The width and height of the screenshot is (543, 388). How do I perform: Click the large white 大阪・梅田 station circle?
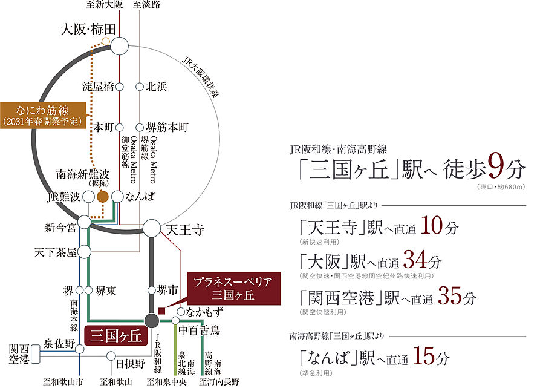point(120,46)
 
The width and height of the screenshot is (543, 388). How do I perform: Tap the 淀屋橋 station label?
point(98,87)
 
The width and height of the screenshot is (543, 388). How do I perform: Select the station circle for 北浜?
point(140,87)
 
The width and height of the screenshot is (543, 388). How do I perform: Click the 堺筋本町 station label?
point(167,127)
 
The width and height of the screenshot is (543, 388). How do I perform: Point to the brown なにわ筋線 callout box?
point(43,116)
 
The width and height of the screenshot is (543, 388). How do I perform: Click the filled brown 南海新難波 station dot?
point(103,197)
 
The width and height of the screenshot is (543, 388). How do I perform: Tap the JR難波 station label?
point(63,197)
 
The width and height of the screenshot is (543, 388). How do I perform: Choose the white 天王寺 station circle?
point(152,228)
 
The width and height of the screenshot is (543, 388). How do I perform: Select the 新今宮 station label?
point(60,228)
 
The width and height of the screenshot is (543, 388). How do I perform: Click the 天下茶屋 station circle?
point(85,252)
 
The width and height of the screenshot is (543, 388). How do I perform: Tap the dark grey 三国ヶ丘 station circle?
point(152,321)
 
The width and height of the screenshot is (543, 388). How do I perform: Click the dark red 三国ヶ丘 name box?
point(116,336)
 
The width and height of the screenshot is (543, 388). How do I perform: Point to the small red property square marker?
point(161,311)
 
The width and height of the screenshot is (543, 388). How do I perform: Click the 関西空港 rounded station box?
point(35,354)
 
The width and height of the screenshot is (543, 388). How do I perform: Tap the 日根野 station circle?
point(111,356)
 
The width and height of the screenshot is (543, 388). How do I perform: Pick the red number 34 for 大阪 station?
point(415,260)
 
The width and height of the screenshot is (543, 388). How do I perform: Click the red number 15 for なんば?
point(424,356)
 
